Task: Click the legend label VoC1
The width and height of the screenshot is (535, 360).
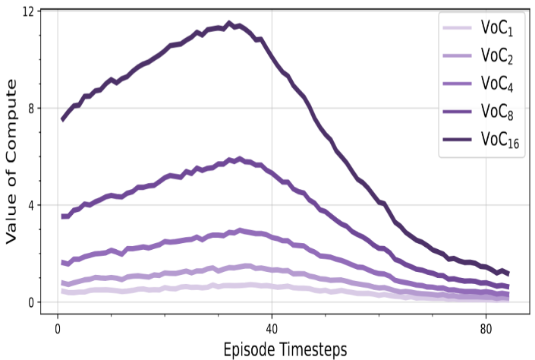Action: pyautogui.click(x=498, y=29)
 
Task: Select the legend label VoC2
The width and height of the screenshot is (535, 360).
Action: pyautogui.click(x=498, y=56)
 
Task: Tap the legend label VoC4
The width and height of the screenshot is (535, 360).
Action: pyautogui.click(x=498, y=84)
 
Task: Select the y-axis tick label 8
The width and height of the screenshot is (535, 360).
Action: pyautogui.click(x=31, y=108)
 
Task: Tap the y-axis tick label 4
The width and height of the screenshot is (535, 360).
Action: pyautogui.click(x=31, y=205)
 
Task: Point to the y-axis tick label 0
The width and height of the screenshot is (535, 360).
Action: pyautogui.click(x=31, y=302)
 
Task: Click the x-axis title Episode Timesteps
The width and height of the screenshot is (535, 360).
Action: pyautogui.click(x=285, y=349)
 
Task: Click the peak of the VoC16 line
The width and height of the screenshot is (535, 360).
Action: pyautogui.click(x=229, y=24)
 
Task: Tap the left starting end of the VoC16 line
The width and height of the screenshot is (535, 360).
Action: pyautogui.click(x=62, y=119)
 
